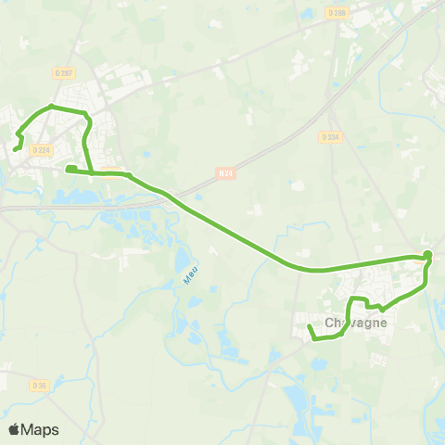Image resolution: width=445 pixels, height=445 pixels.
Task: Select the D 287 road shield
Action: [65, 72]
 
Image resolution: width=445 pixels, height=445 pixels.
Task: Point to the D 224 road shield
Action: [40, 150]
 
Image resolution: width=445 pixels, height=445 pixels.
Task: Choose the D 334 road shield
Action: [330, 136]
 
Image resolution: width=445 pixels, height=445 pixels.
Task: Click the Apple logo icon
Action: [13, 429]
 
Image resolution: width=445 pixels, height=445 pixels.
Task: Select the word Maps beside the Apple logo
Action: [40, 429]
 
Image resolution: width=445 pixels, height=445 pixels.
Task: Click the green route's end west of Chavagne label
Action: [308, 325]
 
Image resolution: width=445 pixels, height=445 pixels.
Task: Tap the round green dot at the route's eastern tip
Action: [427, 255]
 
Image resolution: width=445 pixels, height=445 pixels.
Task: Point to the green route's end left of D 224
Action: [16, 147]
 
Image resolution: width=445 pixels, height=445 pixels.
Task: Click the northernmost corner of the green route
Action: [52, 108]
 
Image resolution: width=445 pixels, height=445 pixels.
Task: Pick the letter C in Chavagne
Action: [331, 323]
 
